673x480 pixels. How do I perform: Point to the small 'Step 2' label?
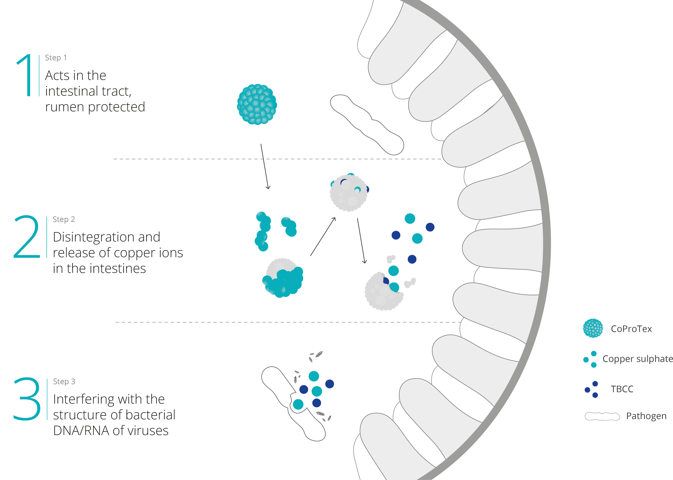click(x=64, y=219)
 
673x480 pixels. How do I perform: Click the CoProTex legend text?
click(x=631, y=329)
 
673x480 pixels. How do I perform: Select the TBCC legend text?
click(x=622, y=389)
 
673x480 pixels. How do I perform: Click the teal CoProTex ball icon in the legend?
click(x=593, y=328)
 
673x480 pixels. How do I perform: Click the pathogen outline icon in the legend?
click(x=602, y=416)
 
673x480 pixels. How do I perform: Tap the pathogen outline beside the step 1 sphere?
click(x=366, y=124)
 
